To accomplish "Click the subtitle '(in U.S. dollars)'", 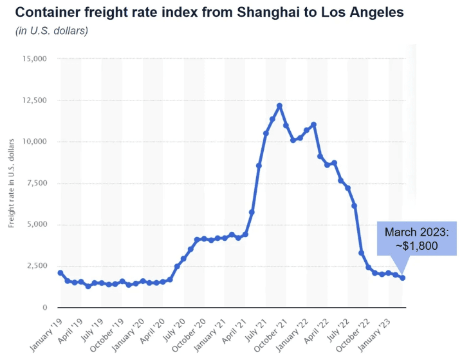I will click(51, 31).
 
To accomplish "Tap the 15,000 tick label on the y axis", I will click(34, 59).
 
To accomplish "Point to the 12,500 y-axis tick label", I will click(34, 100).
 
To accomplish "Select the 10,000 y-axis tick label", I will click(34, 142).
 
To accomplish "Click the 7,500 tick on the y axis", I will click(36, 184).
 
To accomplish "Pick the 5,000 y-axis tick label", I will click(36, 225).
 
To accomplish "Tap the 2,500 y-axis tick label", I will click(36, 266).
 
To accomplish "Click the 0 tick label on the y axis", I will click(45, 308).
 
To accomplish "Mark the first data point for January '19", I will click(60, 273).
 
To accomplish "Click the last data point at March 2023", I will click(403, 278).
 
